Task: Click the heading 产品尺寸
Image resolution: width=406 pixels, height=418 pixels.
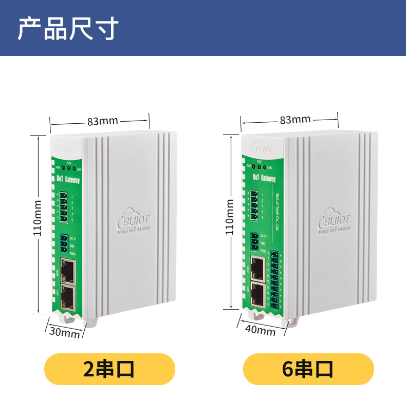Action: [x=68, y=28]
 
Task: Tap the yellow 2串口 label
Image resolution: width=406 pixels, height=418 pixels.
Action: [x=109, y=369]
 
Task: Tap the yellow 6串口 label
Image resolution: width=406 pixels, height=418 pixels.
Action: [x=308, y=369]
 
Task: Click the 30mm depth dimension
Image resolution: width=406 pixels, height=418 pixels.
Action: [x=64, y=332]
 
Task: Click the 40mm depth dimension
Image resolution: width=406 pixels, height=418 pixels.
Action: [x=261, y=330]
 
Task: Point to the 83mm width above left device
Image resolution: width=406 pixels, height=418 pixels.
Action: [x=102, y=121]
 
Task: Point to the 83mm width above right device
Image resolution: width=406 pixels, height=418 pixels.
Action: [x=295, y=120]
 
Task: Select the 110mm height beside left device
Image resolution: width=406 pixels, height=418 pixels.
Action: [x=37, y=218]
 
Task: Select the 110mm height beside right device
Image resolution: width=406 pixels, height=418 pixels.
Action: [x=230, y=217]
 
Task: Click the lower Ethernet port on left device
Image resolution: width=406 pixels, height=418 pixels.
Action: [x=68, y=295]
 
